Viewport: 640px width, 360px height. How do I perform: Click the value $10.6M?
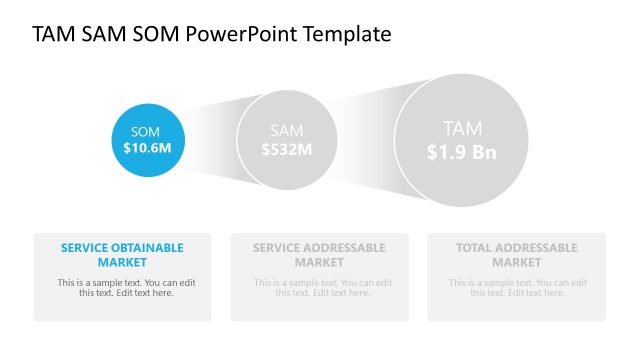click(147, 148)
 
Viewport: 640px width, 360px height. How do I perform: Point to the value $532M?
click(287, 149)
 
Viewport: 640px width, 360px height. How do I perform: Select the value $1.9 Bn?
click(461, 152)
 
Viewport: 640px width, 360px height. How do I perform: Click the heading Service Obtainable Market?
click(122, 255)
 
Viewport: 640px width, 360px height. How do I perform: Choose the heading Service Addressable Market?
click(319, 255)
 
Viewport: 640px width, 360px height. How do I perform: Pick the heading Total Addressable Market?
click(516, 255)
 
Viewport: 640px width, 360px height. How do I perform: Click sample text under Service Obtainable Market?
click(122, 287)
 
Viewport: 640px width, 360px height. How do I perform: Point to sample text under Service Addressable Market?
click(319, 287)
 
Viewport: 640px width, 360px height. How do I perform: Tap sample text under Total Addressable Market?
click(516, 287)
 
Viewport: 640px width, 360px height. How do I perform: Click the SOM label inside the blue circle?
click(145, 131)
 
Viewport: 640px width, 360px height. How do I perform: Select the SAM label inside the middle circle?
click(287, 131)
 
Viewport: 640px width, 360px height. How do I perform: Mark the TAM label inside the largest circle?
click(461, 128)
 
